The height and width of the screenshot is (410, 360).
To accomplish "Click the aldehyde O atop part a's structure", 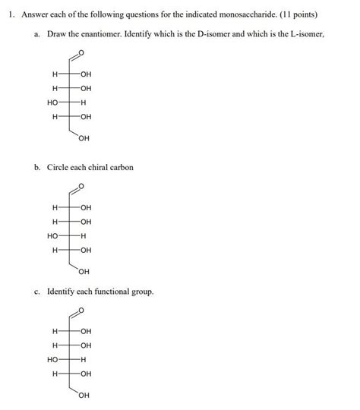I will (x=82, y=53).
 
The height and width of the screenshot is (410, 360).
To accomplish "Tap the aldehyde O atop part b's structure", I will (x=82, y=187).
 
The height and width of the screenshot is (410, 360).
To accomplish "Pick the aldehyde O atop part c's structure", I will (x=82, y=311).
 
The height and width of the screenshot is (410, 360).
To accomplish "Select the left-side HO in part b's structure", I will (x=52, y=235).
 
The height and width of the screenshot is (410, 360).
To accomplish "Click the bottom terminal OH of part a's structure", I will (x=84, y=138).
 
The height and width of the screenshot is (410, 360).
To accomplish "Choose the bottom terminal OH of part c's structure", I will (x=84, y=395).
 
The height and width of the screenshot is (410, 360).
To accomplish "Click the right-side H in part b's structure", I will (x=84, y=235).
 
